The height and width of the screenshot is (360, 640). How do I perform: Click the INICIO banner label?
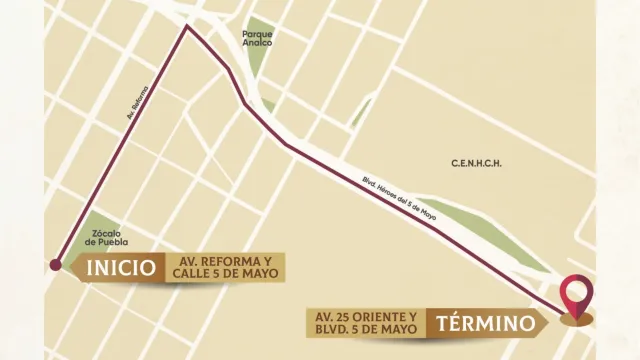pos(120,268)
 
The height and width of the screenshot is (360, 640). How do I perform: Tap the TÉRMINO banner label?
pos(484,323)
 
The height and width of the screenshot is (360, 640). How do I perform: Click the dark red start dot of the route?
pos(55,265)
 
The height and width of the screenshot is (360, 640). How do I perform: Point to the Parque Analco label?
pos(258,37)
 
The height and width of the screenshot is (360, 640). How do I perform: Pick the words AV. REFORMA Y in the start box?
pos(227,260)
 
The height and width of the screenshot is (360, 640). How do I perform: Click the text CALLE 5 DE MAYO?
pos(227,275)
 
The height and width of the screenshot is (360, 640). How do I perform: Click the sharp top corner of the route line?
pos(186,27)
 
